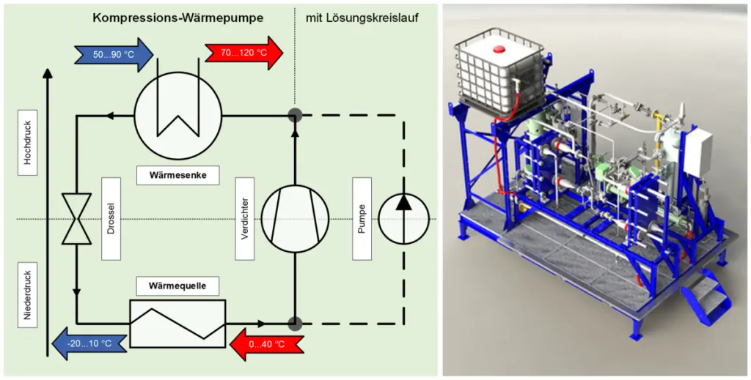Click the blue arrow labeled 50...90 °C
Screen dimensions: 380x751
pyautogui.click(x=112, y=55)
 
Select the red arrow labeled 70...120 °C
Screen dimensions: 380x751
pyautogui.click(x=243, y=53)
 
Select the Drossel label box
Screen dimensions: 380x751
pyautogui.click(x=111, y=218)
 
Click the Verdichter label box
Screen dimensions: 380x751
pyautogui.click(x=244, y=218)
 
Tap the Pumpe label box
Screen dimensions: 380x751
pyautogui.click(x=362, y=218)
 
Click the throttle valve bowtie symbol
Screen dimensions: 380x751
pyautogui.click(x=76, y=218)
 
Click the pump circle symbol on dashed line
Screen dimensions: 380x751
pyautogui.click(x=403, y=218)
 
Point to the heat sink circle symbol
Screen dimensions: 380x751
pyautogui.click(x=178, y=116)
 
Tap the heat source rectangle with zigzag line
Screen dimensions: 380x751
pyautogui.click(x=177, y=322)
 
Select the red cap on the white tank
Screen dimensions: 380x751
pyautogui.click(x=500, y=50)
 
